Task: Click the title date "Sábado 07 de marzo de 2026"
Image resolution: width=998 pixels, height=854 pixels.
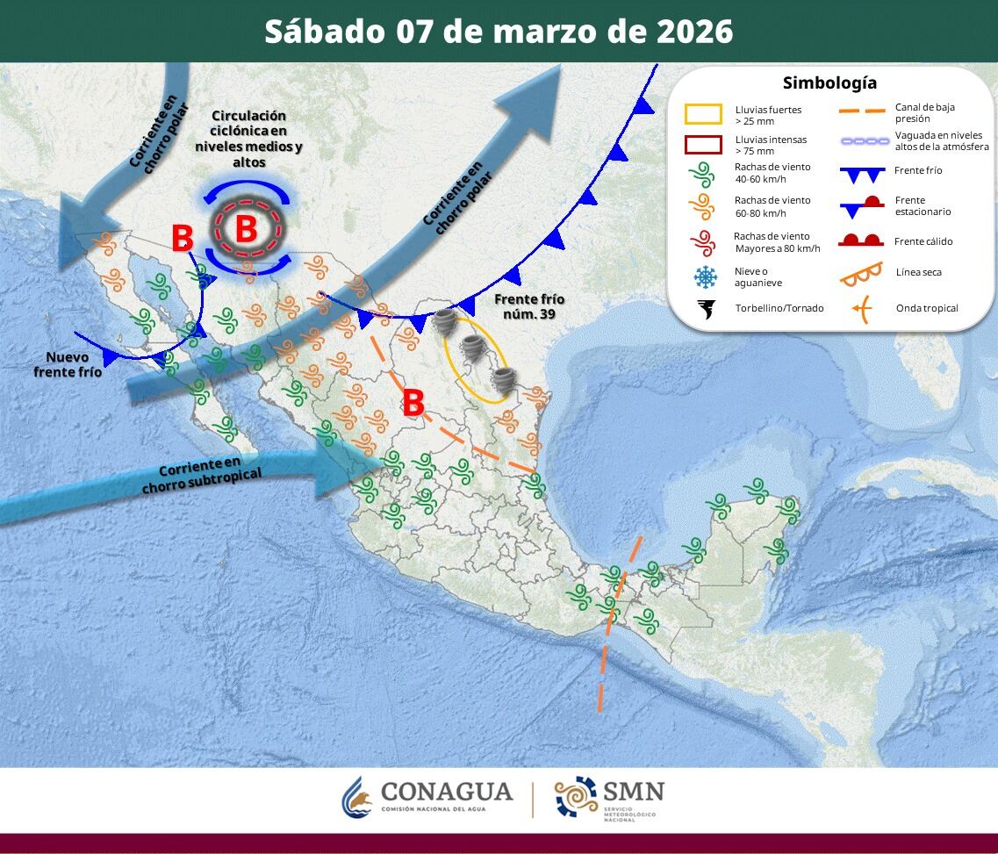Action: coord(499,31)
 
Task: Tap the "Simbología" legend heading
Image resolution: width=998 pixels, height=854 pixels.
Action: coord(829,83)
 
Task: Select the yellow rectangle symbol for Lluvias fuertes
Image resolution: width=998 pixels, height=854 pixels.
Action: coord(703,115)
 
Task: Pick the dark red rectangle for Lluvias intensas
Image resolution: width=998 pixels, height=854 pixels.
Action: coord(703,145)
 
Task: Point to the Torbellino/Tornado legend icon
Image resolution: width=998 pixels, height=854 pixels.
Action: coord(704,309)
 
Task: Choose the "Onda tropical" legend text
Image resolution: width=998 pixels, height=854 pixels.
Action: coord(927,308)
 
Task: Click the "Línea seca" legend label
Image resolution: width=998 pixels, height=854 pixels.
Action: coord(918,272)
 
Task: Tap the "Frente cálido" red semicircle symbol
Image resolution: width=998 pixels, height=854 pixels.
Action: coord(861,240)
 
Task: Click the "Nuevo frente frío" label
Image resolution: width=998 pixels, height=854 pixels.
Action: coord(68,364)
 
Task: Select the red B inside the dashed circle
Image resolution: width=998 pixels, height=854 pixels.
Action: coord(246,229)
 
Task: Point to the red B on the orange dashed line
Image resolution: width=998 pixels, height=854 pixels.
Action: coord(413,404)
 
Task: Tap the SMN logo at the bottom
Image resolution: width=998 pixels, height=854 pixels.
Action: coord(610,797)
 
